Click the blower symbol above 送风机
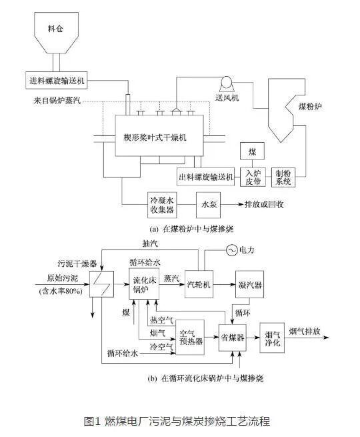click(226, 83)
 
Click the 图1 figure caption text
click(179, 421)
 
